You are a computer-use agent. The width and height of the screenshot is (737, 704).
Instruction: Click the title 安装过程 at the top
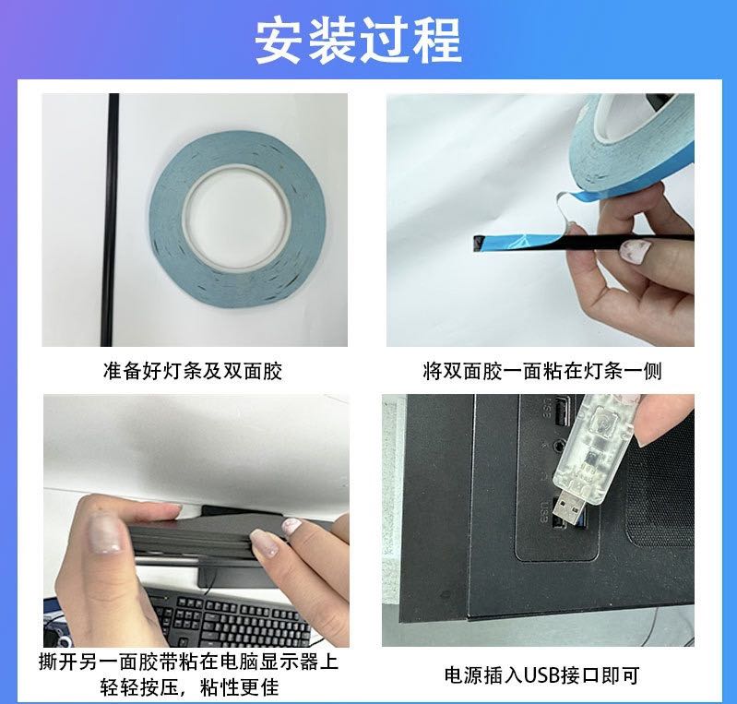point(358,41)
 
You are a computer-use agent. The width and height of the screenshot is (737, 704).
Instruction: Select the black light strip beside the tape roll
point(111,220)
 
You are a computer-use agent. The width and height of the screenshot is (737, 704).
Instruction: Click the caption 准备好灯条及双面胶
point(193,371)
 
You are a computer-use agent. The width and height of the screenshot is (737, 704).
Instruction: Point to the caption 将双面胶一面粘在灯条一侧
point(542,371)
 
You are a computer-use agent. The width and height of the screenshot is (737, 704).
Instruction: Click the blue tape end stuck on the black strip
point(517,241)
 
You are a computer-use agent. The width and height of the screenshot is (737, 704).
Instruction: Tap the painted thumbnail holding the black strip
point(636,251)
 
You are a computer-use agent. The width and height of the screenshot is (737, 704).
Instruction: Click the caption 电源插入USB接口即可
point(542,675)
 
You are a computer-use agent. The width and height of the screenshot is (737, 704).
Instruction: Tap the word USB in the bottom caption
point(541,675)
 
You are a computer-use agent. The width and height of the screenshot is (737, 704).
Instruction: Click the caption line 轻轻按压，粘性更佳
point(189,687)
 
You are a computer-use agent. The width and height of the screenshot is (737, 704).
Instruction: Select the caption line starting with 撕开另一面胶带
point(188,662)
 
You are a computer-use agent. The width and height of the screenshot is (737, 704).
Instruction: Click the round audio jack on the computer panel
point(559,445)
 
